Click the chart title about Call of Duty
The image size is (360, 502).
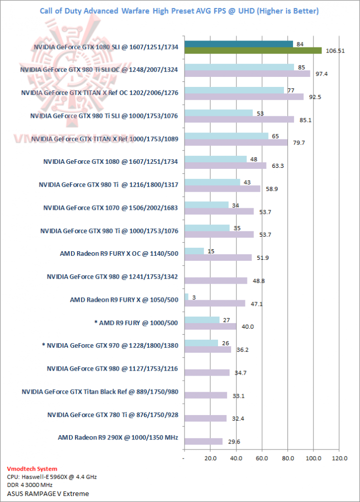coord(179,10)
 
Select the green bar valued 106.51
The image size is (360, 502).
coord(253,50)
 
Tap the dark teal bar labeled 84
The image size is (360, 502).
coord(238,44)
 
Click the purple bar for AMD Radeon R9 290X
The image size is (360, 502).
coord(203,442)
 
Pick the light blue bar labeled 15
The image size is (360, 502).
coord(194,251)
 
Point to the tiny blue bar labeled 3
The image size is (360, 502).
coord(186,297)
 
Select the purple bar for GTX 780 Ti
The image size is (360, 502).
coord(205,419)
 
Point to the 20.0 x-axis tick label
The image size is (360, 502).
coord(210,458)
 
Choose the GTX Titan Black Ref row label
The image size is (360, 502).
coord(100,392)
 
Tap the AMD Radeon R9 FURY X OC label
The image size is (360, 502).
coord(118,254)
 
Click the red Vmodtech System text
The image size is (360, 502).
coord(32,469)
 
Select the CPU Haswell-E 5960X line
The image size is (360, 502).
coord(52,477)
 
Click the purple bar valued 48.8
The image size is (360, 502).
coord(215,280)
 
